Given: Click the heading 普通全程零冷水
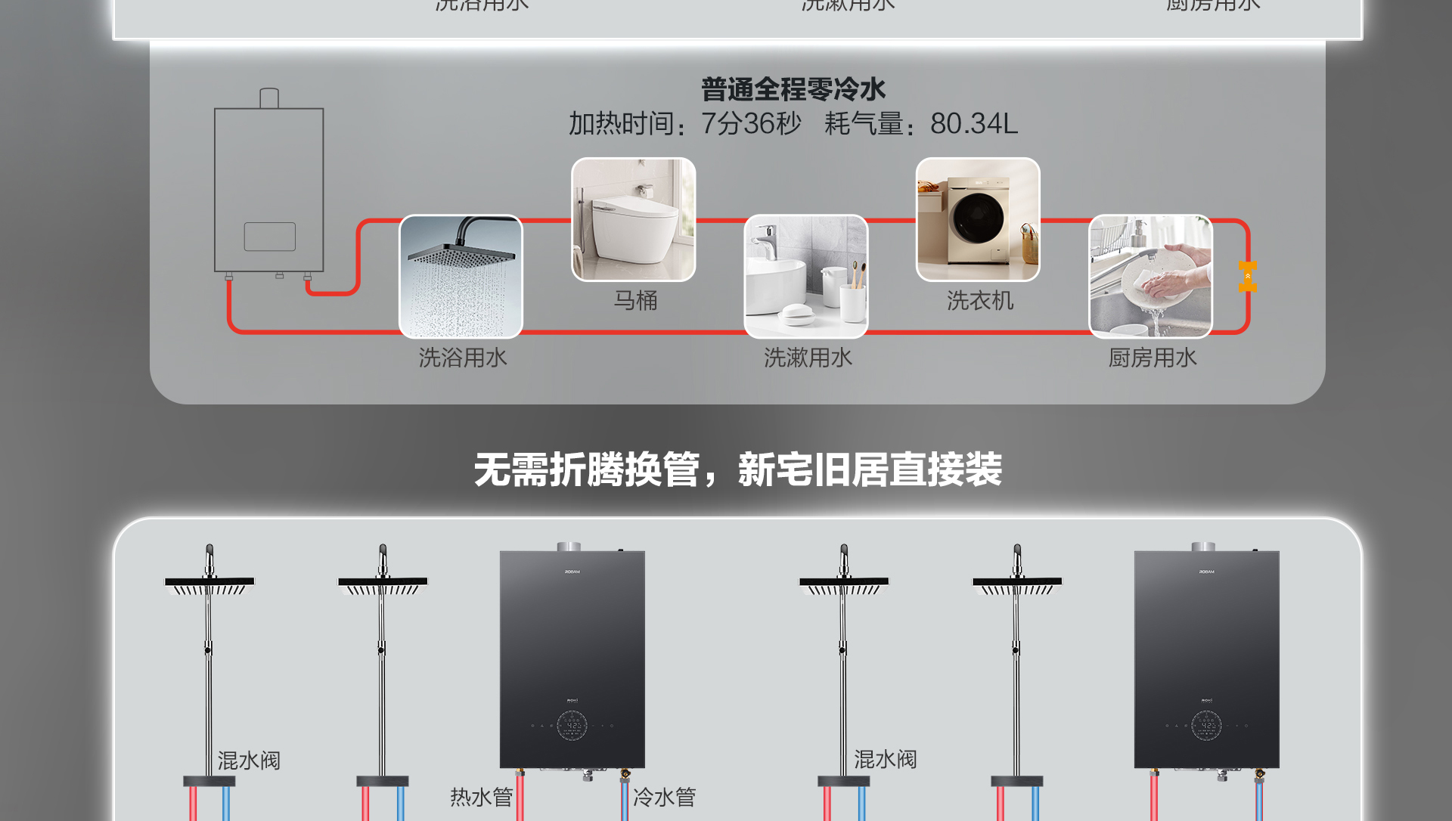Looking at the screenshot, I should pos(793,90).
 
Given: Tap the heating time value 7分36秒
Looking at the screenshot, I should pos(751,123).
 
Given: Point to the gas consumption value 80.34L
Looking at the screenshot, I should pos(974,123).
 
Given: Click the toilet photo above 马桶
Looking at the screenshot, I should pos(634,219).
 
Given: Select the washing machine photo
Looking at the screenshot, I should pos(978,219).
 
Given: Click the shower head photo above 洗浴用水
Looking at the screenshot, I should pos(461,277).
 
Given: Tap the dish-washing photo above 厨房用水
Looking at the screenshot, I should pos(1150,277).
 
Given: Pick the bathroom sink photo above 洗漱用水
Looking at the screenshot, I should pos(806,277).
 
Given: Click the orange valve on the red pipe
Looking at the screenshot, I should pos(1248,276).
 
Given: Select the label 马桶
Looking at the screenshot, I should pos(635,301).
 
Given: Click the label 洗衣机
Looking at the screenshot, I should pos(980,301).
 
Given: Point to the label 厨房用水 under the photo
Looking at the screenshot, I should pos(1153,358).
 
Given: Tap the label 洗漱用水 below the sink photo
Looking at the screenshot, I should pos(808,358).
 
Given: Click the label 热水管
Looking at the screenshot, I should pos(481,797).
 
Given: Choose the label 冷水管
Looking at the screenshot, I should pos(664,797).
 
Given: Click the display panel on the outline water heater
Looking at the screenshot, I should pos(270,237).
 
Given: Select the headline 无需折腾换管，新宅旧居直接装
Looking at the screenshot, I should pos(737,469).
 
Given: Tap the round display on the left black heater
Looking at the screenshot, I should pos(572,726).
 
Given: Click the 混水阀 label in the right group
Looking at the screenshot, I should pos(885,759).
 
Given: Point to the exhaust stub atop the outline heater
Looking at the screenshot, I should pos(269,98).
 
